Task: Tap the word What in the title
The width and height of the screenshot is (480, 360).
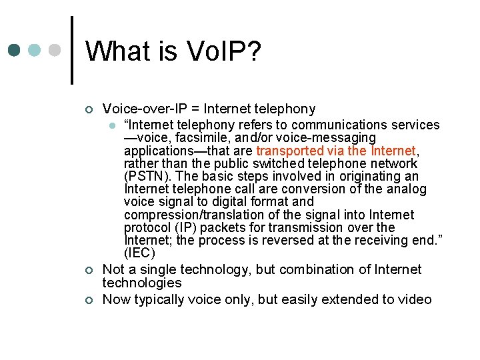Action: tap(119, 51)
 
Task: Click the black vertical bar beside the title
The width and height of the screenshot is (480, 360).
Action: tap(71, 50)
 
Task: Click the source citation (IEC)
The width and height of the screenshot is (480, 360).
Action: tap(139, 253)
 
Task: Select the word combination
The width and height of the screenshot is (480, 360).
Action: tap(317, 269)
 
